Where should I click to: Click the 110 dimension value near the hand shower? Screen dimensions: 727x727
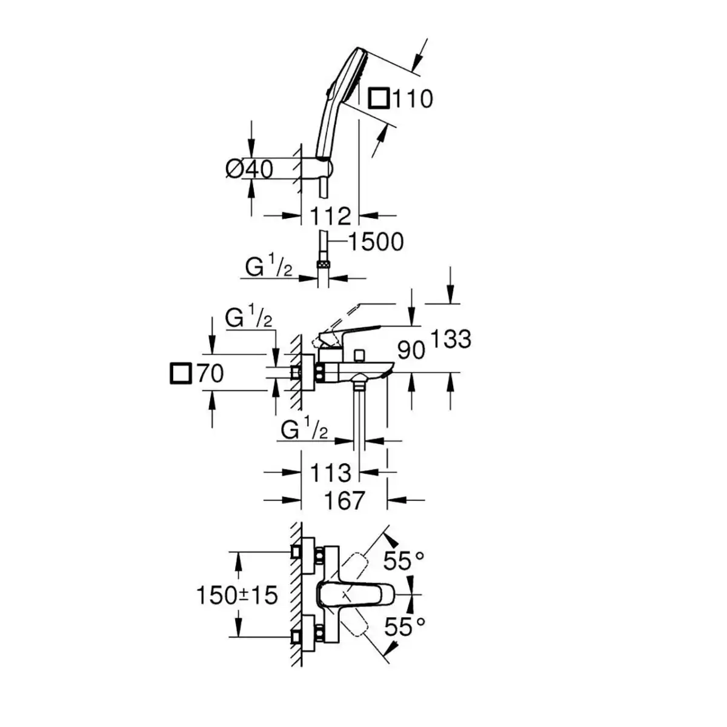413,99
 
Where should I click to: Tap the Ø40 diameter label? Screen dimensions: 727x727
249,169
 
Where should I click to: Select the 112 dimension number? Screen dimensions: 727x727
331,216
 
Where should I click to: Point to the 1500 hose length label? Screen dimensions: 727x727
376,242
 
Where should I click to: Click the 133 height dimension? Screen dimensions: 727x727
451,339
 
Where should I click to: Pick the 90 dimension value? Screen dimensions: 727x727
411,350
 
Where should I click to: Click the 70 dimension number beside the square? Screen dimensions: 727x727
210,374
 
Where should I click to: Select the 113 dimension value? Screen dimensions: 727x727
331,473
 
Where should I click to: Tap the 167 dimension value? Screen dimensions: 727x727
344,500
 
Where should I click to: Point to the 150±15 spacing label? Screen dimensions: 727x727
237,596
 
